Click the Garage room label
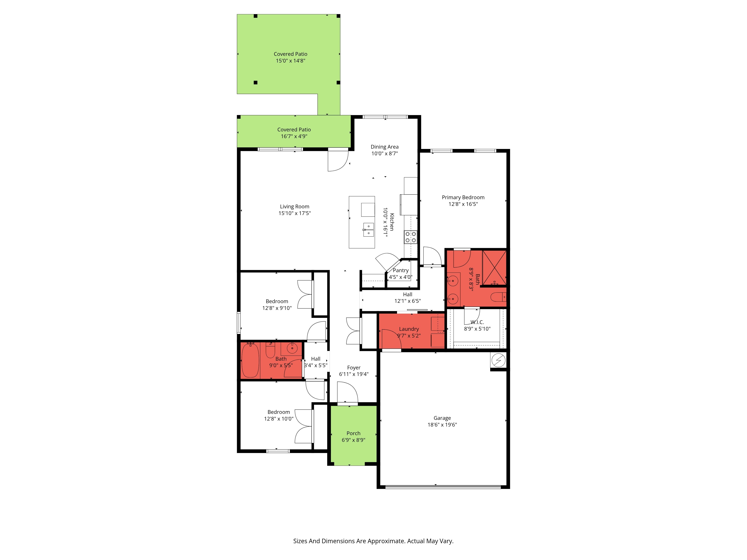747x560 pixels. point(442,418)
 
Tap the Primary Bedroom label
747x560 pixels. point(463,197)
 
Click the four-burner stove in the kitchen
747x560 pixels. point(411,237)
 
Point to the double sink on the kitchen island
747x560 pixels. point(368,230)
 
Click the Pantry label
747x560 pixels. point(401,270)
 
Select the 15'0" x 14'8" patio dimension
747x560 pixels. point(290,61)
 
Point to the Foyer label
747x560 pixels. point(354,368)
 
